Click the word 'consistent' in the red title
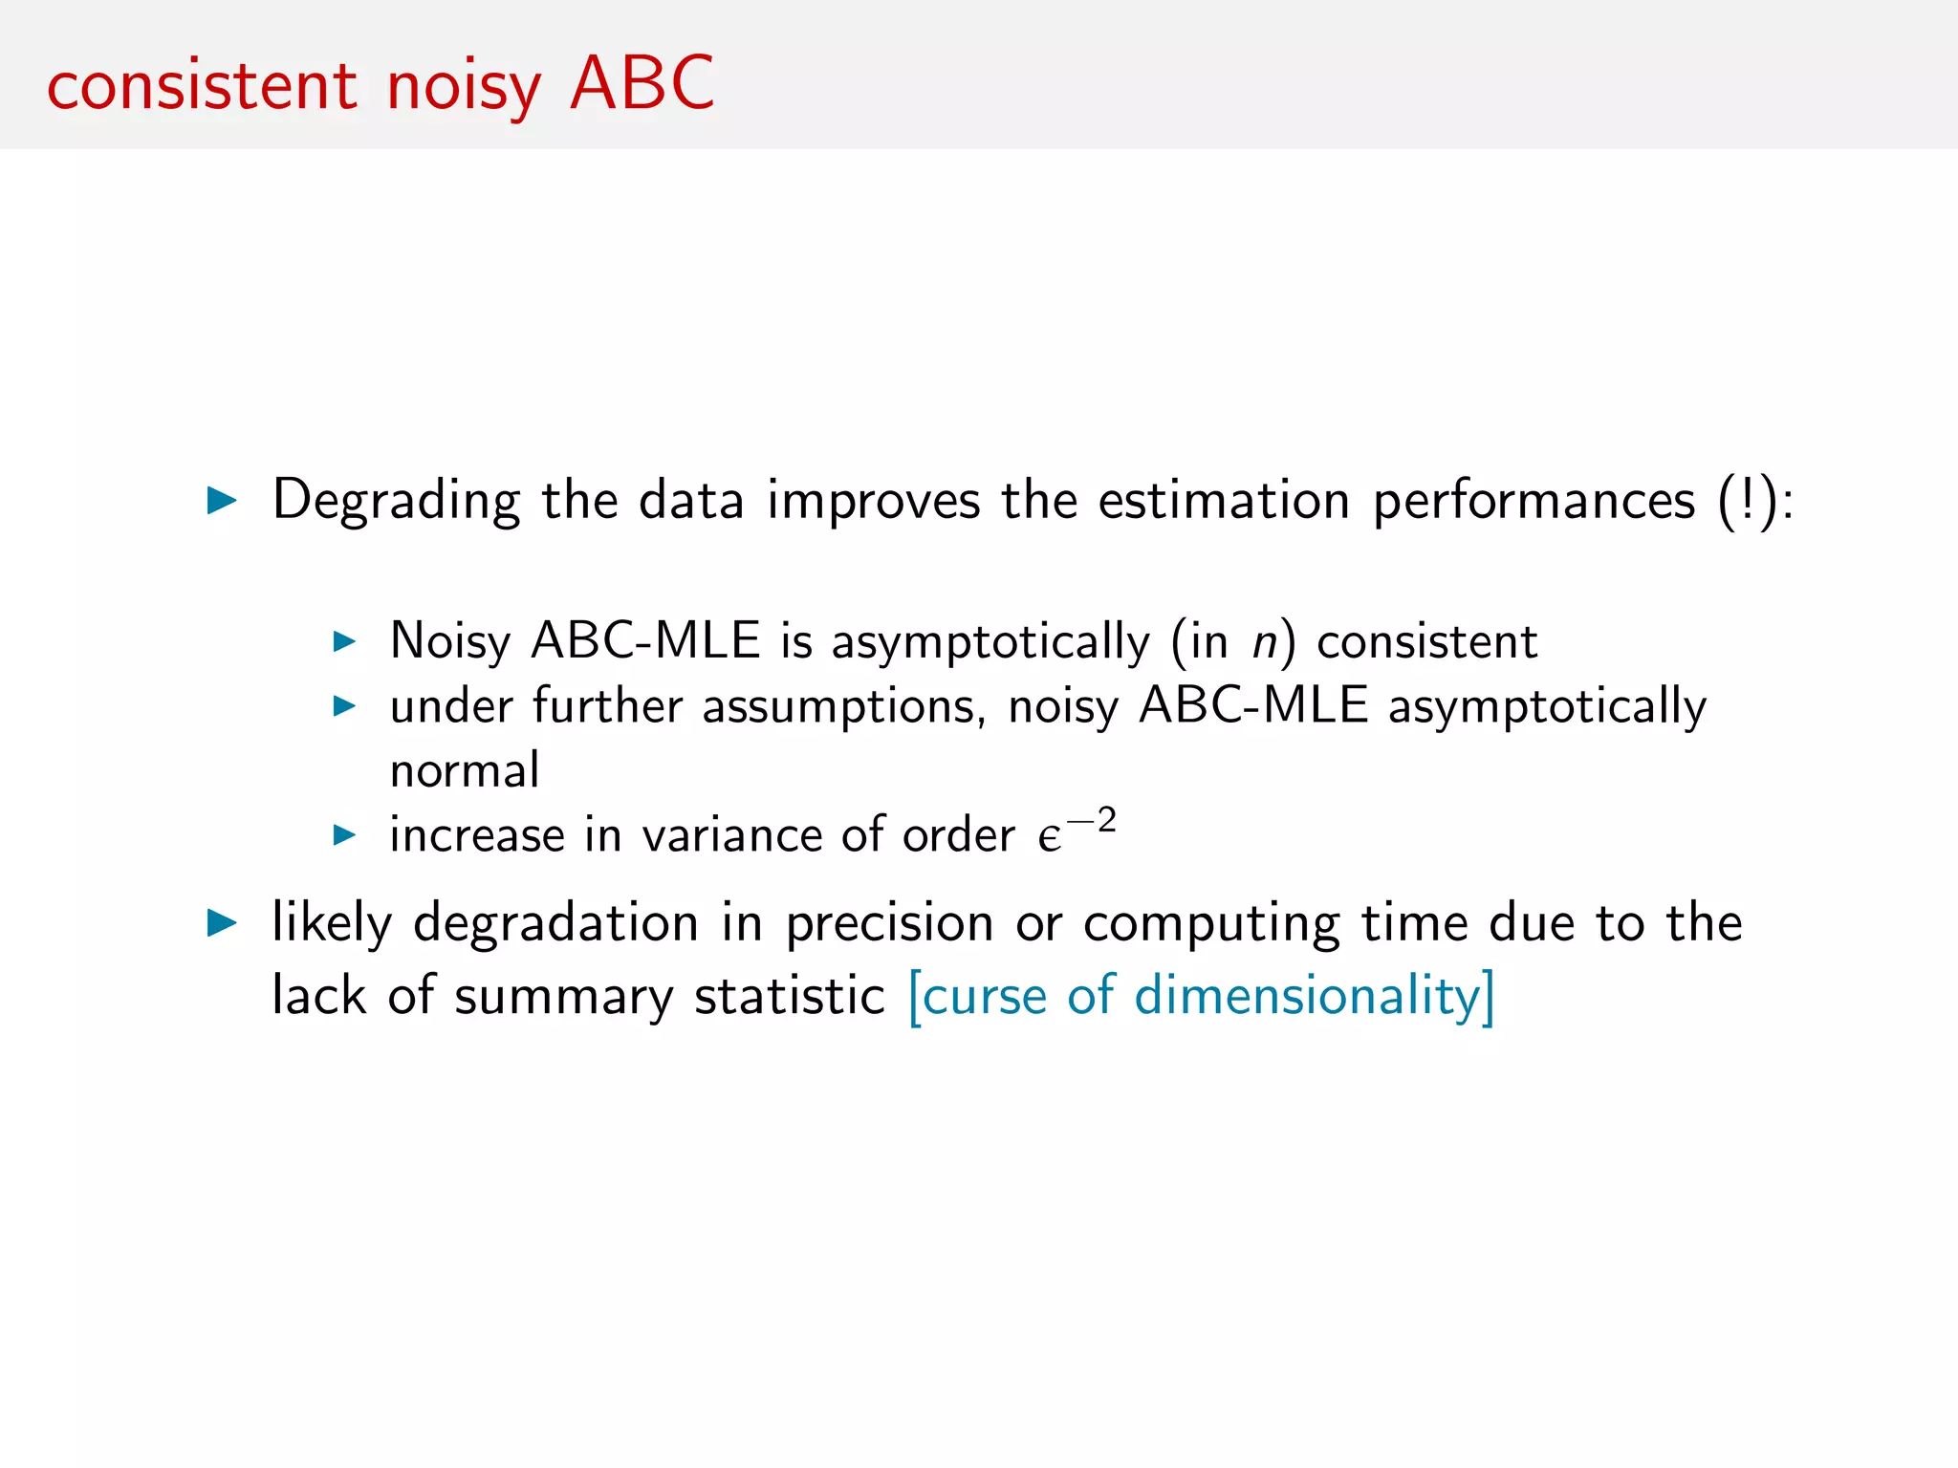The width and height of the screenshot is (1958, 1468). pyautogui.click(x=202, y=85)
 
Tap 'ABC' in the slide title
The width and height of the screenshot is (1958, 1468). pyautogui.click(x=642, y=83)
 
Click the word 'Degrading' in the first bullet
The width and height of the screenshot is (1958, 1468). pyautogui.click(x=396, y=501)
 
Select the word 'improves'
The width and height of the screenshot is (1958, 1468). pyautogui.click(x=873, y=501)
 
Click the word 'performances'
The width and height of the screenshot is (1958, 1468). pyautogui.click(x=1534, y=501)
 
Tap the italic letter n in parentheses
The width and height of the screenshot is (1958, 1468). pyautogui.click(x=1265, y=641)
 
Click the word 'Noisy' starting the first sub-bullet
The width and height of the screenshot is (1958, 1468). pyautogui.click(x=450, y=641)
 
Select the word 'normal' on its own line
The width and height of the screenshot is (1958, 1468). pyautogui.click(x=465, y=770)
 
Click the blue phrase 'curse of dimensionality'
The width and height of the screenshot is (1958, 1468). pyautogui.click(x=1201, y=996)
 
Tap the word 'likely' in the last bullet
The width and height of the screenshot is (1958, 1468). pyautogui.click(x=332, y=924)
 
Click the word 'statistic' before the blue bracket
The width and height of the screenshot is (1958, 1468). pyautogui.click(x=790, y=996)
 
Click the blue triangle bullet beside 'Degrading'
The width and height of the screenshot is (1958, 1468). pyautogui.click(x=222, y=500)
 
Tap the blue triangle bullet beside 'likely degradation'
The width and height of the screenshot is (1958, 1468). pyautogui.click(x=222, y=922)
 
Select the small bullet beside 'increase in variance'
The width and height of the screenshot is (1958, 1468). pyautogui.click(x=344, y=835)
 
